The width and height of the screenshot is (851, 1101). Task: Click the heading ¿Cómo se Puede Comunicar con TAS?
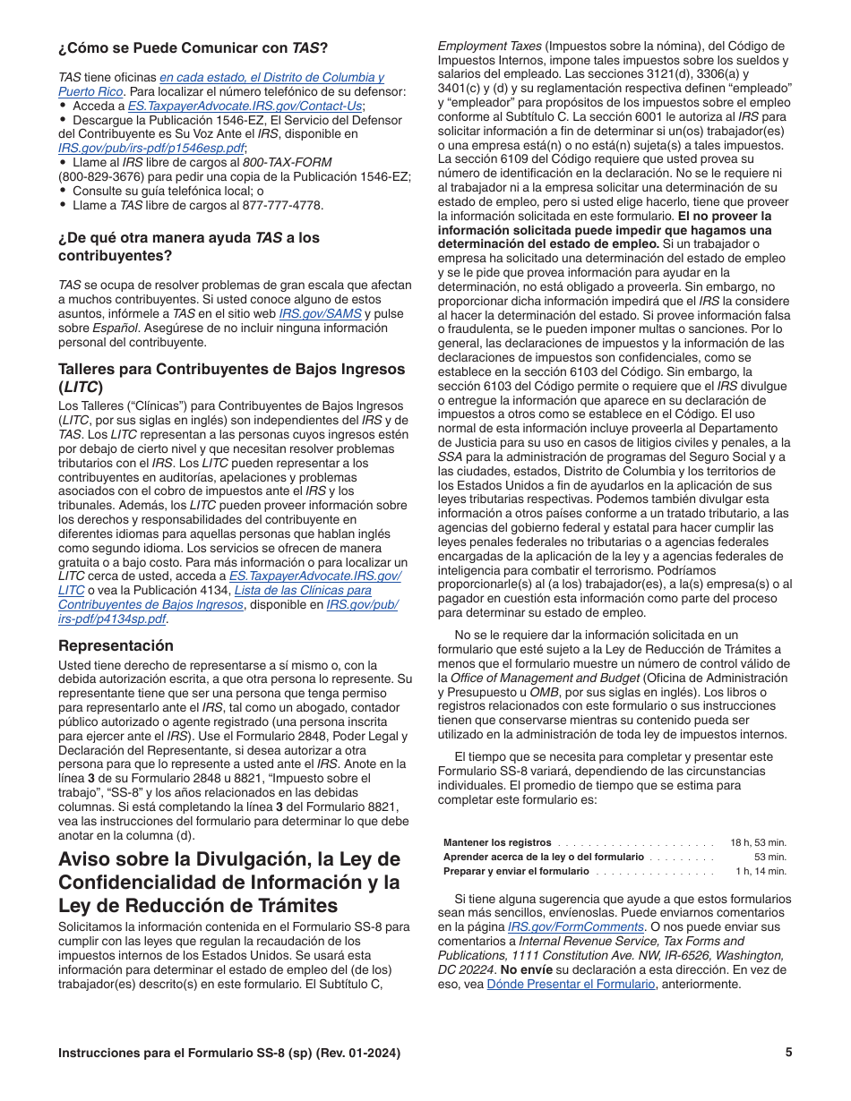click(x=193, y=47)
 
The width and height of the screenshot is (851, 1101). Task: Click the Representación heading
click(x=116, y=645)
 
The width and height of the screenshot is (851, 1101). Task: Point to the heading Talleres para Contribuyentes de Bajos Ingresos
click(x=231, y=369)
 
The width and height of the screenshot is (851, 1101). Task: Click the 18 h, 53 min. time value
click(x=758, y=842)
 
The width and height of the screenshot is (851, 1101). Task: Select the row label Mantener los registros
click(x=497, y=842)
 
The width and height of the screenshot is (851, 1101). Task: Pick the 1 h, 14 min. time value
click(x=761, y=871)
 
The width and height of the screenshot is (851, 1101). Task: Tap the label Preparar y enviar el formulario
click(x=516, y=871)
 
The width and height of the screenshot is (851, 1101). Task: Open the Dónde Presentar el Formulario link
click(x=571, y=984)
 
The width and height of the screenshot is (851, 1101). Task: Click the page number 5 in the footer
click(x=788, y=1053)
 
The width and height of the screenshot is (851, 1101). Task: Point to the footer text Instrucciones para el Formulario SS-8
click(x=228, y=1053)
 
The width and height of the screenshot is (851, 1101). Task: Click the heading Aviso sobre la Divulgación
click(x=228, y=859)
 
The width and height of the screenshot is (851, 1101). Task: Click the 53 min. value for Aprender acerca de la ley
click(x=769, y=857)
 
